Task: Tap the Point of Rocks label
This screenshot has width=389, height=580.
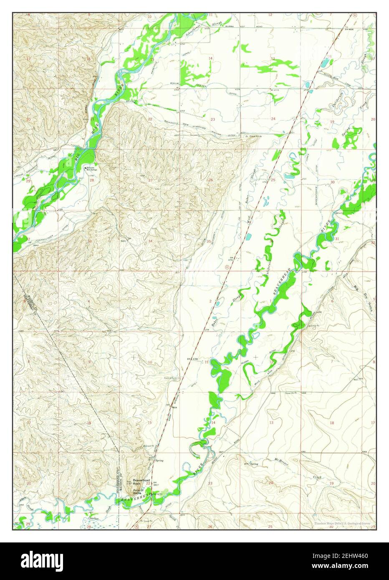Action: coord(139,492)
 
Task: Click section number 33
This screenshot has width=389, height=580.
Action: coord(89,241)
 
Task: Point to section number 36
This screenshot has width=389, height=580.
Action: coord(271,241)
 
